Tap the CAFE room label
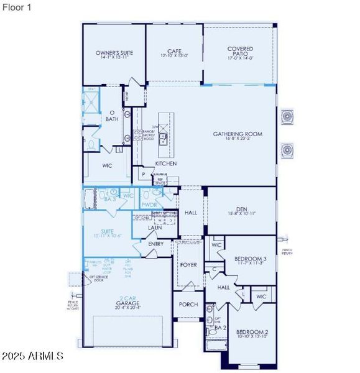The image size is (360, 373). coord(174,52)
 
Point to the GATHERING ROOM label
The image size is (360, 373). coord(238,134)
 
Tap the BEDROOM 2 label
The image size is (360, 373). coord(252,333)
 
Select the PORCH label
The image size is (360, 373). coord(188,305)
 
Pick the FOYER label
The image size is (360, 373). coord(188,265)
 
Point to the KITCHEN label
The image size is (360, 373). coord(166,163)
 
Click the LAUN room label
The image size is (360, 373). coord(155,228)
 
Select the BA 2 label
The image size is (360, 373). coord(219,326)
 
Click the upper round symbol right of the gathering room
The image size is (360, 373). coord(288,117)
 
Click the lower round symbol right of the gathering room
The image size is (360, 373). coord(288,150)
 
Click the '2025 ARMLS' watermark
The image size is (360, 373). coord(32,356)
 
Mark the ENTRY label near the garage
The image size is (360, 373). coord(156,244)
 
